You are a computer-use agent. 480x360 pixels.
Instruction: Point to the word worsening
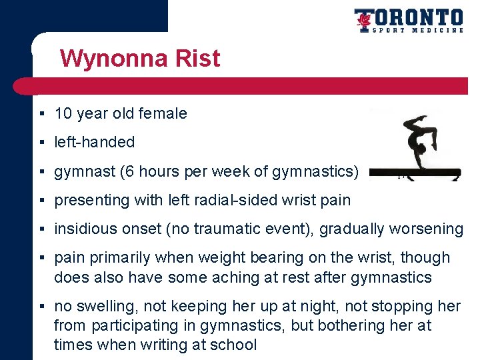click(x=427, y=229)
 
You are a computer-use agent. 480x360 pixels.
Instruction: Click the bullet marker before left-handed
click(x=42, y=143)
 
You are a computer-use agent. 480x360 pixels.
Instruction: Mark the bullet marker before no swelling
click(x=42, y=307)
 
